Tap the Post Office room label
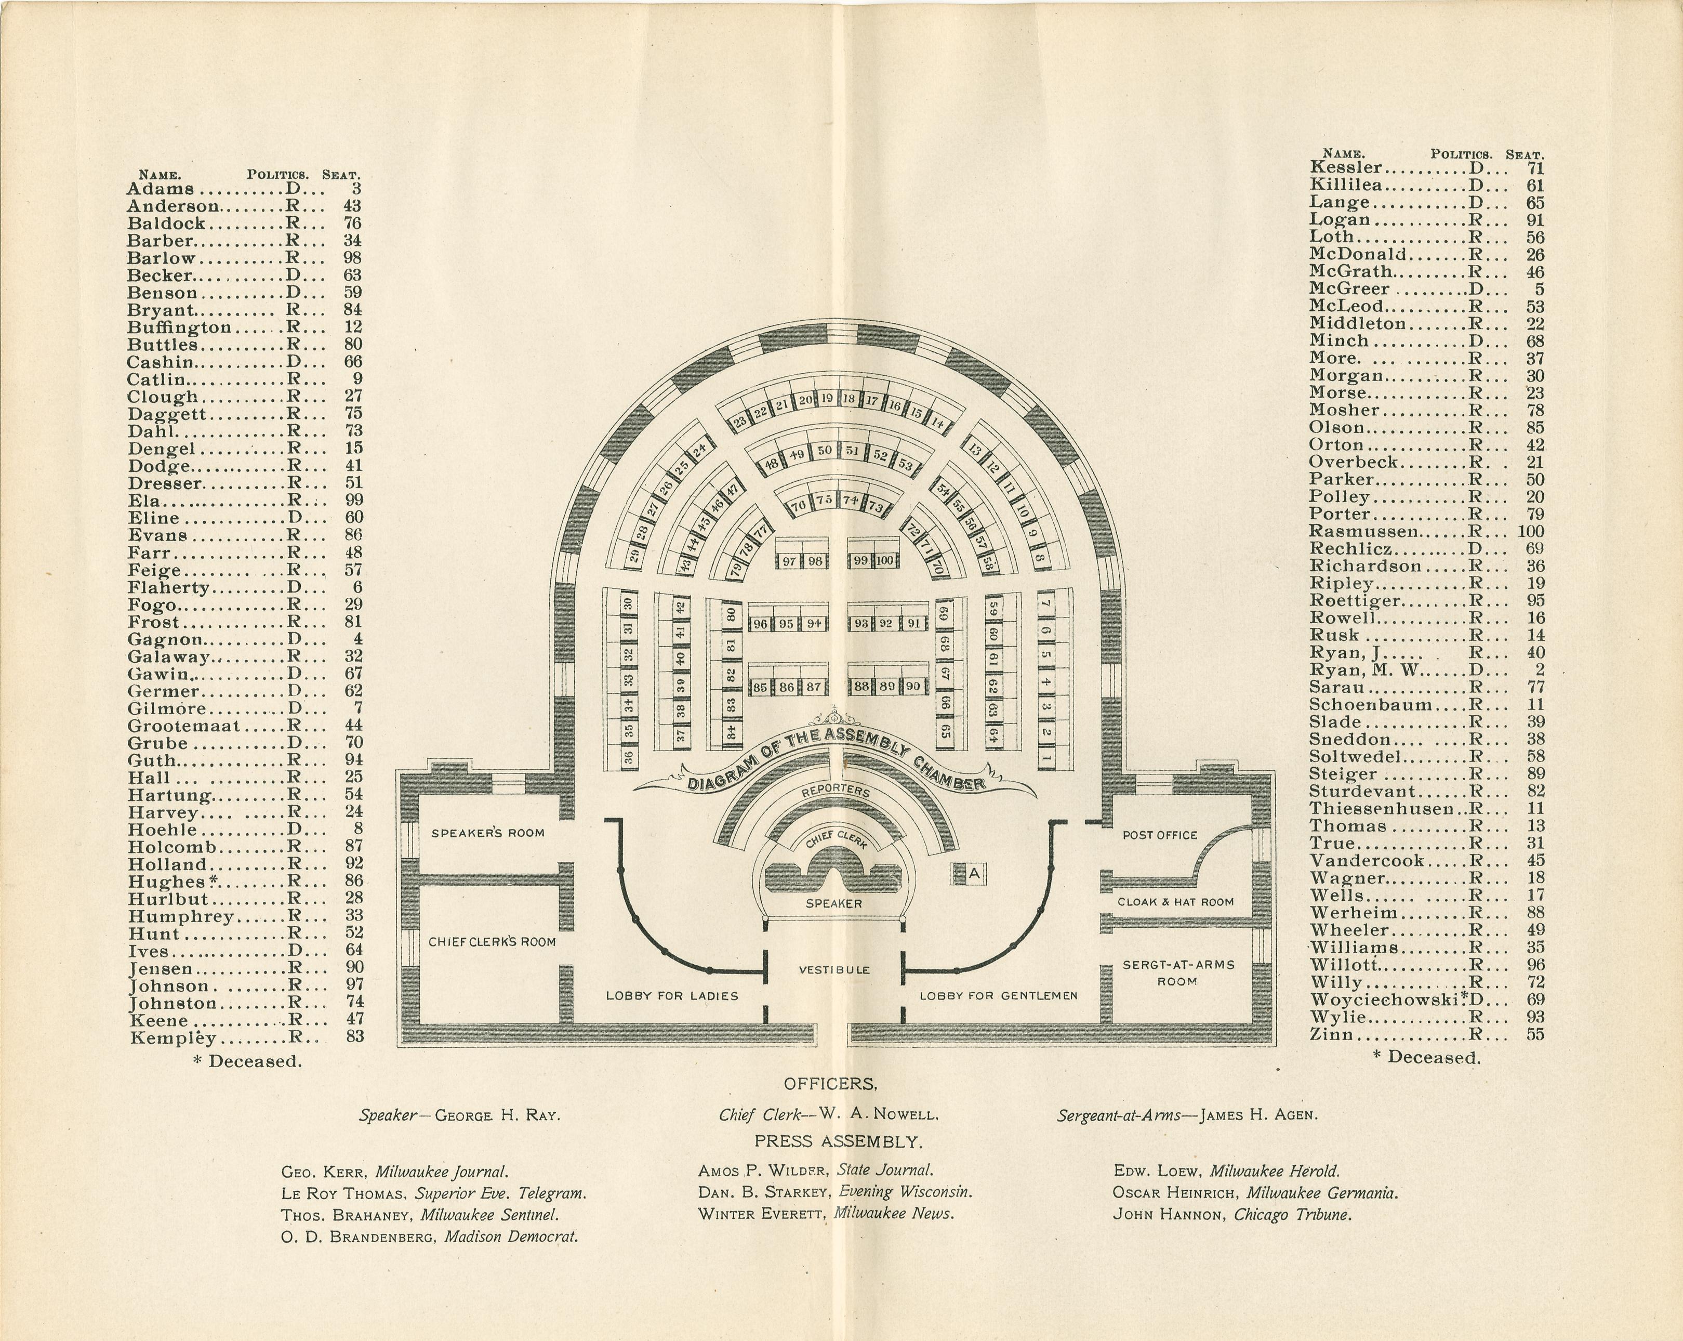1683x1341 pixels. (1159, 835)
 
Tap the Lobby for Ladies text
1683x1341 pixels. (672, 996)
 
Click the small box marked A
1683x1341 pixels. (973, 874)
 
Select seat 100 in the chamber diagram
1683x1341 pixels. (884, 561)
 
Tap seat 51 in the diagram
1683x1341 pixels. (853, 451)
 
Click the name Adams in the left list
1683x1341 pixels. (160, 189)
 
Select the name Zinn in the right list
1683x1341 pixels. (1332, 1035)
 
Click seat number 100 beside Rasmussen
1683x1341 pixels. (1530, 532)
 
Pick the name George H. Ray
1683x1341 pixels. (497, 1115)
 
